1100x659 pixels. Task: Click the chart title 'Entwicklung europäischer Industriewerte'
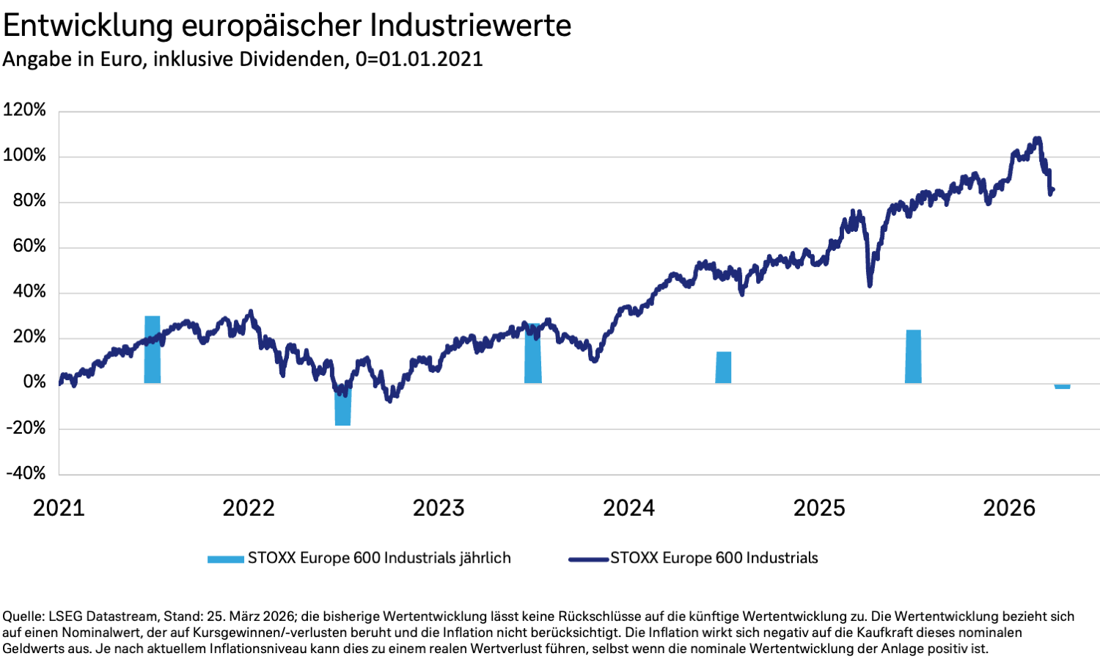click(x=287, y=25)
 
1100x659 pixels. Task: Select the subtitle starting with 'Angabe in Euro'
click(x=243, y=59)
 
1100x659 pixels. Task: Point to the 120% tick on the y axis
click(x=25, y=110)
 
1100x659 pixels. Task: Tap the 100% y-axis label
click(x=25, y=156)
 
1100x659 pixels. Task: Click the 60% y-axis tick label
click(x=29, y=246)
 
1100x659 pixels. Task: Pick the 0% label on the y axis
click(x=34, y=382)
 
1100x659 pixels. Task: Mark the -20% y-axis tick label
click(x=26, y=428)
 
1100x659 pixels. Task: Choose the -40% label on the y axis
click(x=26, y=473)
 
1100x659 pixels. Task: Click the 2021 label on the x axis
click(x=59, y=508)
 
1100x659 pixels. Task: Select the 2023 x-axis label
click(x=439, y=508)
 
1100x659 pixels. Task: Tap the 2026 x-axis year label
click(x=1009, y=508)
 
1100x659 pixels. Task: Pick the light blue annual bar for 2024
click(x=723, y=368)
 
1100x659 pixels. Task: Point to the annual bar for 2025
click(x=913, y=357)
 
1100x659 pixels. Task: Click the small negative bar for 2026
click(x=1062, y=386)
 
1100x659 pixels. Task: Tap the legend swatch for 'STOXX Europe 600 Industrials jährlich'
click(x=225, y=559)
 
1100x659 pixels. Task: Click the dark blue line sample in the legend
click(x=588, y=559)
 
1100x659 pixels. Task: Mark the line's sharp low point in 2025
click(x=870, y=285)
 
